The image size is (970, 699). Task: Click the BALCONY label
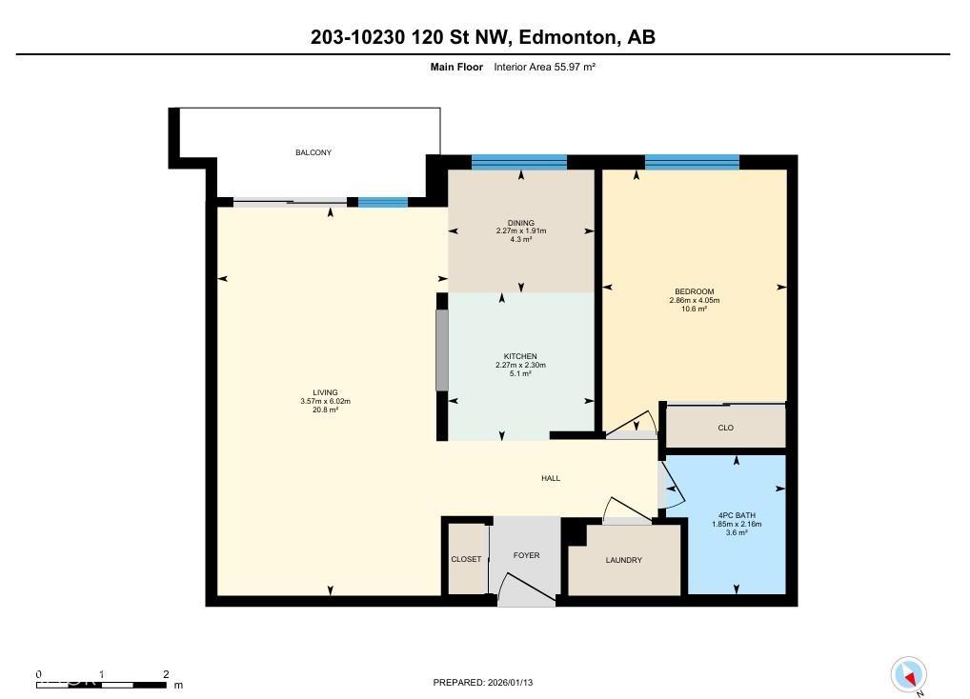pos(313,152)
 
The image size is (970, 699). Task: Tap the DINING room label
pos(520,223)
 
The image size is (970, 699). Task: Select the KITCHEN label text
pos(520,356)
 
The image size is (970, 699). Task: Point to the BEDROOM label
pos(694,291)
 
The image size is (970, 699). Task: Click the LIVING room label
pos(325,392)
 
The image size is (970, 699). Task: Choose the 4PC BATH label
pos(736,516)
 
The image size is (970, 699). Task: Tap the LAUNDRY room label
pos(623,560)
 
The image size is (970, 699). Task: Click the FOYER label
pos(526,555)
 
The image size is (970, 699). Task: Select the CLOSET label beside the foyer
pos(466,559)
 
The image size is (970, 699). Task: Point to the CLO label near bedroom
pos(725,428)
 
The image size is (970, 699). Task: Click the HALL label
pos(551,478)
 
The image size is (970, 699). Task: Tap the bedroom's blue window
pos(691,162)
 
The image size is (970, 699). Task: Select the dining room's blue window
pos(519,162)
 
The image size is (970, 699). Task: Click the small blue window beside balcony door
pos(382,202)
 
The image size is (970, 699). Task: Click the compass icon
pos(909,675)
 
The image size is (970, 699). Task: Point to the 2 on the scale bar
pos(166,673)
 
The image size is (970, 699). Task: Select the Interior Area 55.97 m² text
pos(544,67)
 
